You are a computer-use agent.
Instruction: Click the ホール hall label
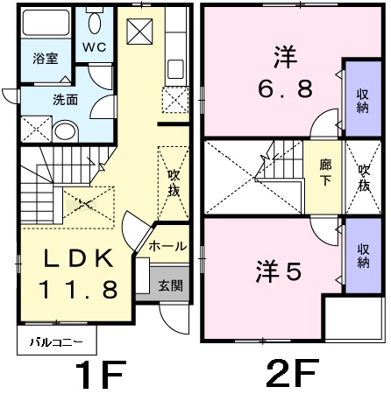pos(167,248)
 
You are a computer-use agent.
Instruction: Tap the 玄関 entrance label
pos(171,285)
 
